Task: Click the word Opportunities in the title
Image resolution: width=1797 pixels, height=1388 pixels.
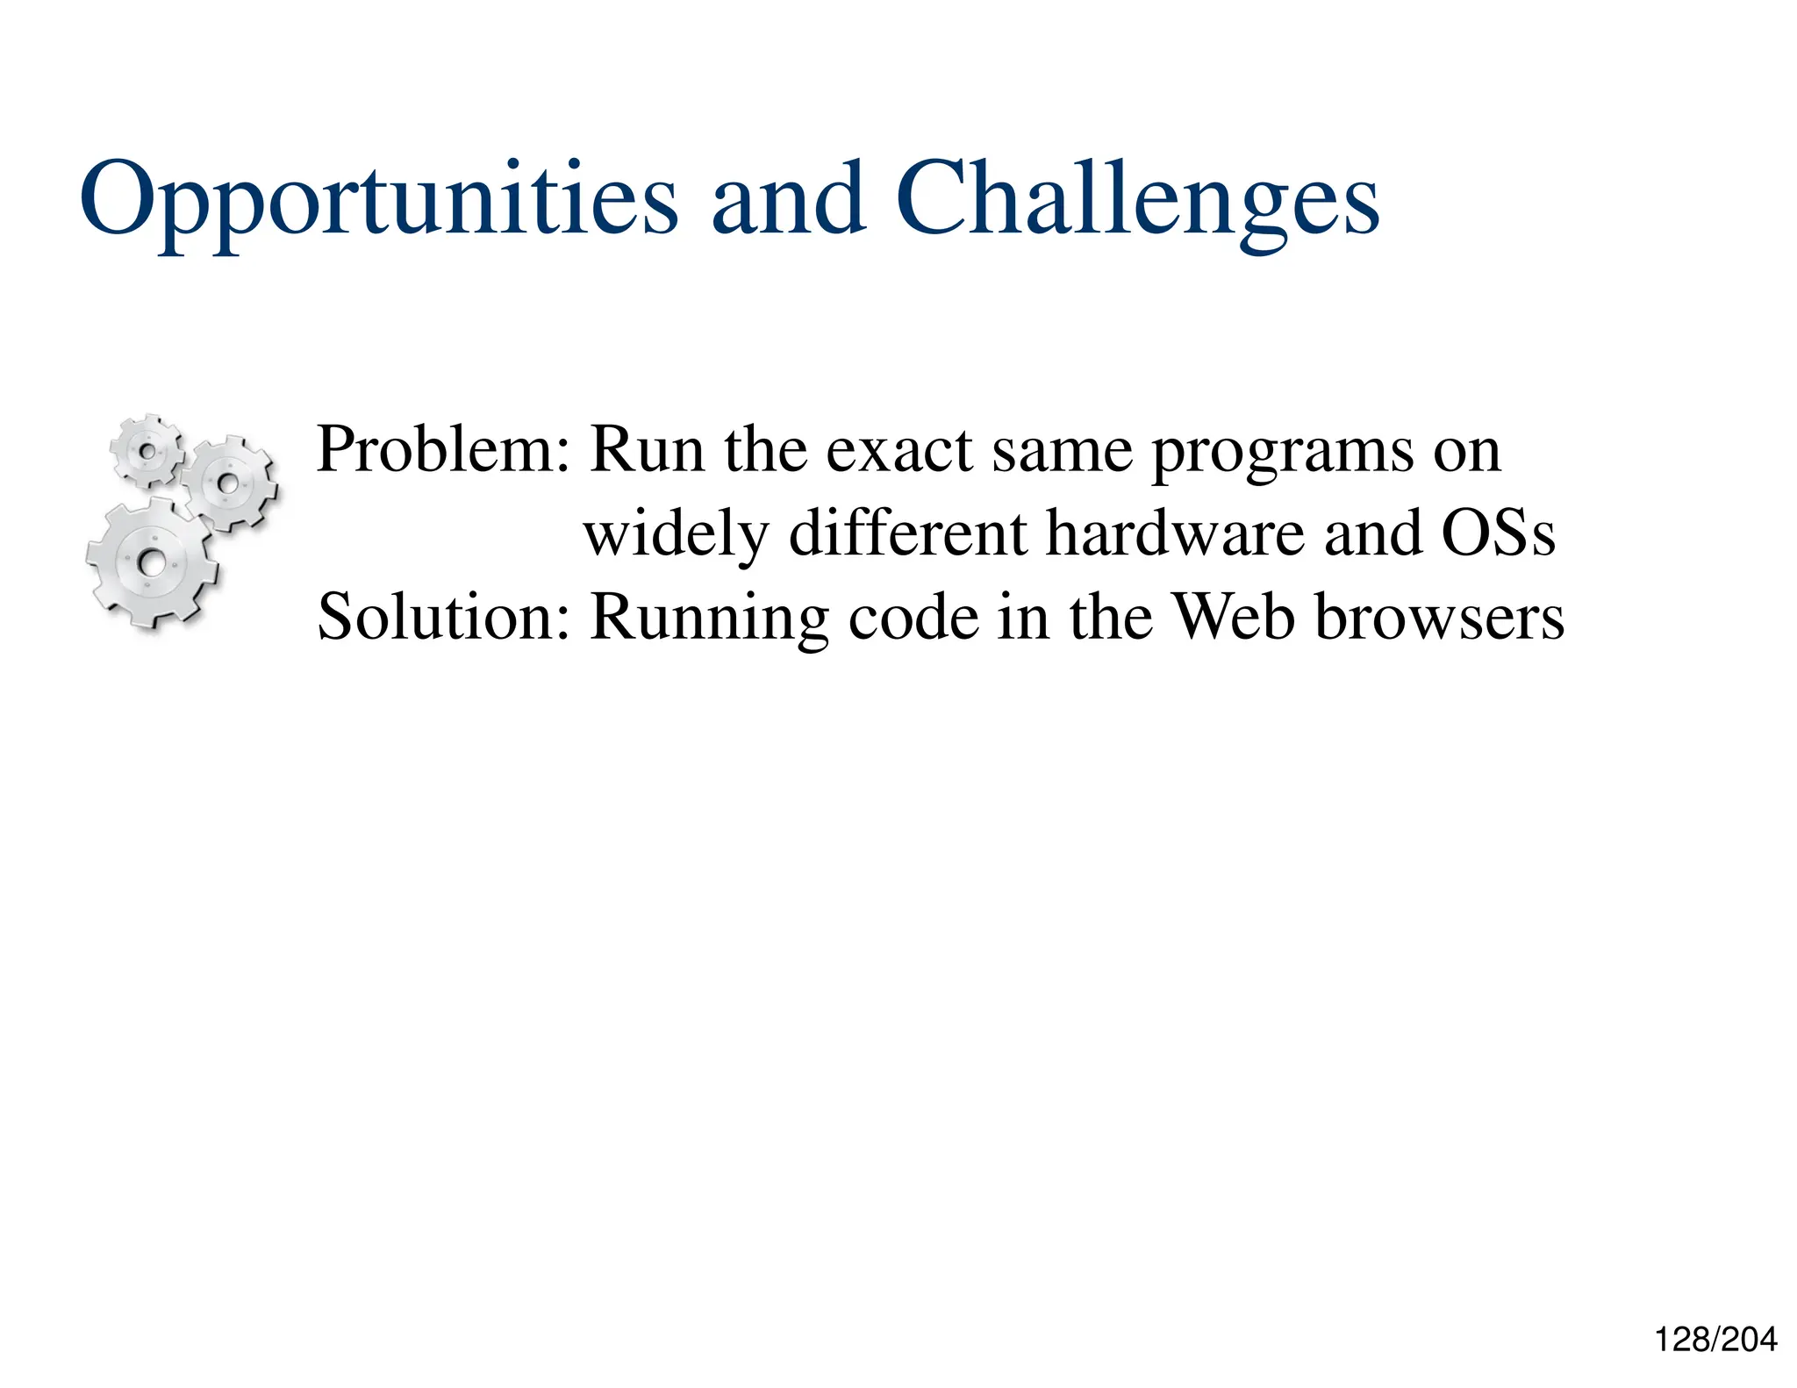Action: click(x=377, y=200)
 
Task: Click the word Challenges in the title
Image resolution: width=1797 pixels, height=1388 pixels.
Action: click(x=1136, y=200)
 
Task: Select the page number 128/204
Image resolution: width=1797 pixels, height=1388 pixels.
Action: click(x=1715, y=1340)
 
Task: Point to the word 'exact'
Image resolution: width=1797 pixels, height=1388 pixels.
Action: click(x=899, y=451)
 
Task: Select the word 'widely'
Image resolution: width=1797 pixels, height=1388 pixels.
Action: click(x=676, y=534)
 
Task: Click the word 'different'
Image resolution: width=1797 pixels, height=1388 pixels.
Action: click(x=907, y=533)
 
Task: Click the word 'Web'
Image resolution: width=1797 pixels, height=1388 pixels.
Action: click(x=1234, y=616)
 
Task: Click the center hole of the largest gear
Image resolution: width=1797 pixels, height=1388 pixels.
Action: click(x=151, y=562)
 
